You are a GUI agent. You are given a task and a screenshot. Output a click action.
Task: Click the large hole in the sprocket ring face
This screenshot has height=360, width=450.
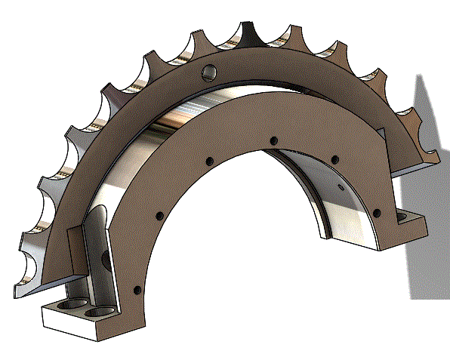pyautogui.click(x=209, y=72)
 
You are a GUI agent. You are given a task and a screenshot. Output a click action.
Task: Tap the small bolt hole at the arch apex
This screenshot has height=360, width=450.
pyautogui.click(x=273, y=140)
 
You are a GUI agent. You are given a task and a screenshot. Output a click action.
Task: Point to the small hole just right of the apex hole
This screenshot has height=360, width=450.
pyautogui.click(x=334, y=158)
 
